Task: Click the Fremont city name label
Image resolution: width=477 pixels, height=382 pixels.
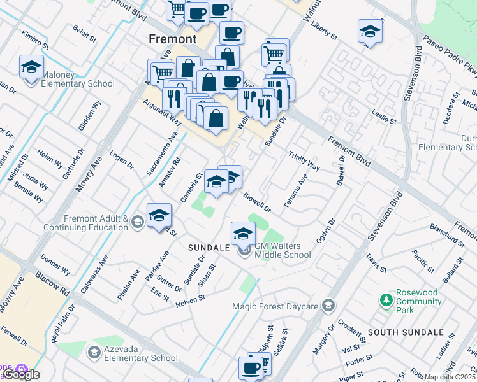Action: coord(172,39)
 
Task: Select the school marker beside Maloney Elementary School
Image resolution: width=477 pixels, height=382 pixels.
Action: coord(31,67)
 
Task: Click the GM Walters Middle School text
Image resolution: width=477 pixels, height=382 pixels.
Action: coord(283,250)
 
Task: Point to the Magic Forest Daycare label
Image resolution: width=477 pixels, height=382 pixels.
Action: coord(274,306)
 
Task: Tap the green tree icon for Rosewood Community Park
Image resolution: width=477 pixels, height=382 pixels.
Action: coord(385,299)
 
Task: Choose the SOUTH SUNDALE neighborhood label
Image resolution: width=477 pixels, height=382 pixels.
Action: coord(405,332)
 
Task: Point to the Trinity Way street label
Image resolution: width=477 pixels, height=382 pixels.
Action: coord(304,161)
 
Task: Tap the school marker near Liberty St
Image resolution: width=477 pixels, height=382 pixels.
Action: coord(370,32)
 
